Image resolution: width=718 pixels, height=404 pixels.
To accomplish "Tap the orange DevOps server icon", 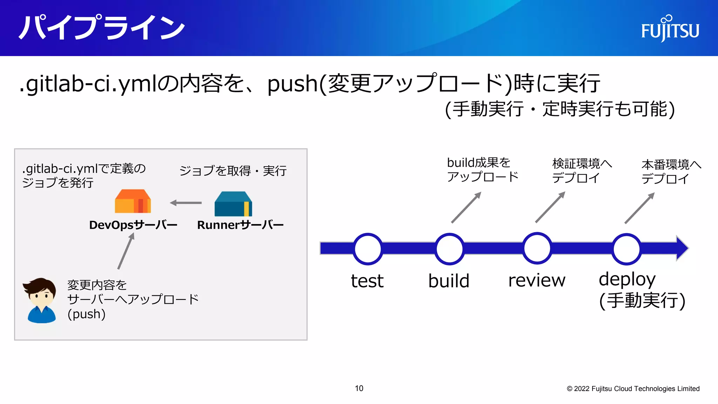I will [x=133, y=202].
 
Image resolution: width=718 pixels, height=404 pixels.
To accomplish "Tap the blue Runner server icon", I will [x=233, y=204].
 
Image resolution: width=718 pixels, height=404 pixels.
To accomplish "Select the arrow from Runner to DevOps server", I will [x=186, y=203].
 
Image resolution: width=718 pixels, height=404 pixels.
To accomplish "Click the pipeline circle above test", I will [x=367, y=249].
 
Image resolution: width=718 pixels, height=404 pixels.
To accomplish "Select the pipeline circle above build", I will [x=449, y=249].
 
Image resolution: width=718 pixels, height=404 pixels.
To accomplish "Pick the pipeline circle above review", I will [x=537, y=248].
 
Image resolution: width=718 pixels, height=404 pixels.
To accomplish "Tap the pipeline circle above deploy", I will [x=626, y=249].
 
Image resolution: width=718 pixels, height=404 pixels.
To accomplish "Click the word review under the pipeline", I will [x=537, y=281].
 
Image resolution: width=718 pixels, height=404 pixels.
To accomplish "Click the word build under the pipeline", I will [x=449, y=281].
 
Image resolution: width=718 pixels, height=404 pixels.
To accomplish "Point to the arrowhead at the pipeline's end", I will [x=682, y=248].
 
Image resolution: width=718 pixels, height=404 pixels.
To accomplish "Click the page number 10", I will [x=359, y=388].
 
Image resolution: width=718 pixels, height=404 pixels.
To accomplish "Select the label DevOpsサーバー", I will [x=133, y=225].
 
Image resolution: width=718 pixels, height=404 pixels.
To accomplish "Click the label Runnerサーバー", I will [x=240, y=225].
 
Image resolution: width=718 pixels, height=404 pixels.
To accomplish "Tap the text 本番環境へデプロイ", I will [x=671, y=171].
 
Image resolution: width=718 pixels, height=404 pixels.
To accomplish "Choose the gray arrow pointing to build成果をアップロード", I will [x=466, y=207].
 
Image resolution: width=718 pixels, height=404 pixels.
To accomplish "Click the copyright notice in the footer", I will [x=633, y=389].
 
